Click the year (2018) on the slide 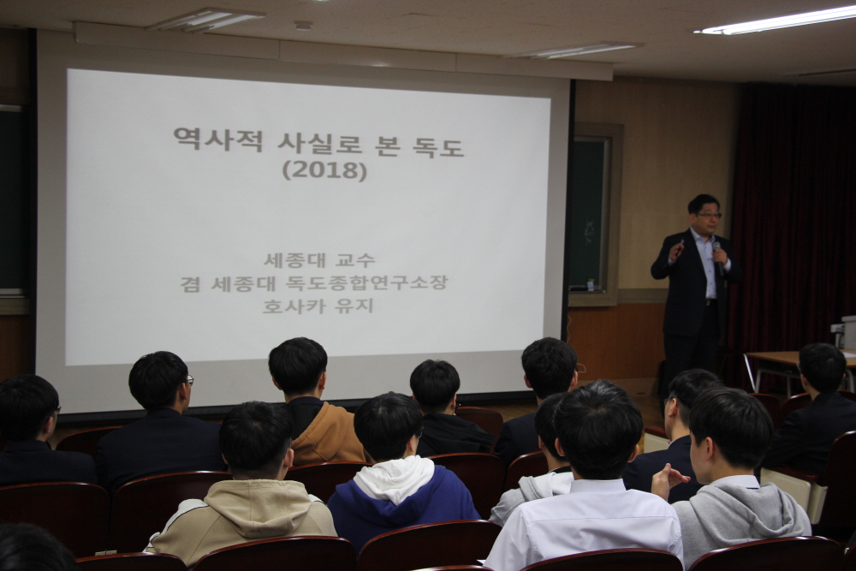(324, 171)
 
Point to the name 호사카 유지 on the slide (318, 305)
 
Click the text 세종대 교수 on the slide (319, 260)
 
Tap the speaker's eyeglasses (709, 216)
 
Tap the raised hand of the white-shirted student (668, 479)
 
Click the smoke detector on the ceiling (303, 25)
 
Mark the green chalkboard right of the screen (588, 213)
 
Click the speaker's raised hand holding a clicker (677, 249)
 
